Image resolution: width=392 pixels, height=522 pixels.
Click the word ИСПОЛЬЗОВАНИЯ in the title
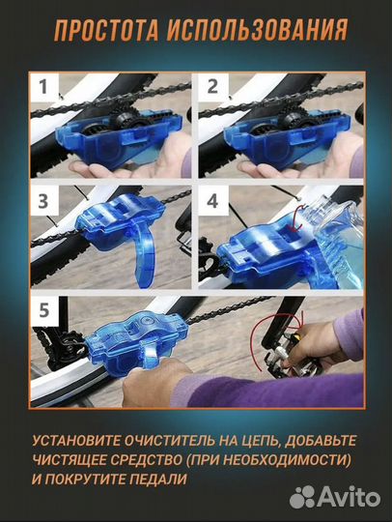[x=257, y=32]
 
